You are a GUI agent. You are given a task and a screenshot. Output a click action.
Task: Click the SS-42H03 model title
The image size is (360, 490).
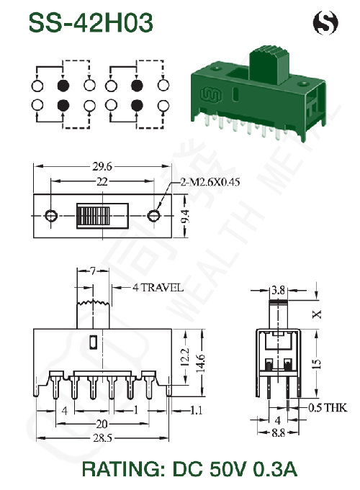[91, 22]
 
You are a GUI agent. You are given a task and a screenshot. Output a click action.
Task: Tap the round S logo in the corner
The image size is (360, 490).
[325, 22]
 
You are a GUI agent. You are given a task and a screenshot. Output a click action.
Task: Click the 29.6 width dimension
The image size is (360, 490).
[102, 166]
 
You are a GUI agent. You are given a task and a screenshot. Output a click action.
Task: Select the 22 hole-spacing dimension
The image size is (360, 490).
[102, 181]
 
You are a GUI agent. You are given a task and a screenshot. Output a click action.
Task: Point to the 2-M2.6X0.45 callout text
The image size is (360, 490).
[210, 182]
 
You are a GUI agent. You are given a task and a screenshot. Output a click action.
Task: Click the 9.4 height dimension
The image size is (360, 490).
[185, 217]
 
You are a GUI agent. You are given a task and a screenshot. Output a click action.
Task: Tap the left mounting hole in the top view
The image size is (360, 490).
[50, 215]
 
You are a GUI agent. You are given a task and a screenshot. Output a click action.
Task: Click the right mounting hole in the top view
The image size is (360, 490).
[153, 215]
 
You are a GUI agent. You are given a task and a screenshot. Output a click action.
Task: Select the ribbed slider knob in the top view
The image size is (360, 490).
[93, 216]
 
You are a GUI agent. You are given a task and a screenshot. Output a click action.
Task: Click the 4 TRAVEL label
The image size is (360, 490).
[158, 287]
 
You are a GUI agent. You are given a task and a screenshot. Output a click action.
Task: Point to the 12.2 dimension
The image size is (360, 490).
[185, 357]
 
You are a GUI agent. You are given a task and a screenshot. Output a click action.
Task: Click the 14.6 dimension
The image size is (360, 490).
[200, 363]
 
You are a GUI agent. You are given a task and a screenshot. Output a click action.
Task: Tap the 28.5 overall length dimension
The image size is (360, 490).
[102, 438]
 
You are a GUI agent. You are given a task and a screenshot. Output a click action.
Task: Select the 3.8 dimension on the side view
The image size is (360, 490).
[278, 290]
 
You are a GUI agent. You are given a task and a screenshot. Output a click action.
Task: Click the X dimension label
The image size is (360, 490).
[317, 314]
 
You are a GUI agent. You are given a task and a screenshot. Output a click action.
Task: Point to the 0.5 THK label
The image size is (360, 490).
[328, 407]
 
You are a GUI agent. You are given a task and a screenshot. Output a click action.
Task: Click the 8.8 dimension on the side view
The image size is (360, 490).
[278, 433]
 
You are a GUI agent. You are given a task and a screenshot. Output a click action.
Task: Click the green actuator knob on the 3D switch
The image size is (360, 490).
[269, 65]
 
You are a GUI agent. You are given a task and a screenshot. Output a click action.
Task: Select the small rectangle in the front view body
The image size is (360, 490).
[93, 342]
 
